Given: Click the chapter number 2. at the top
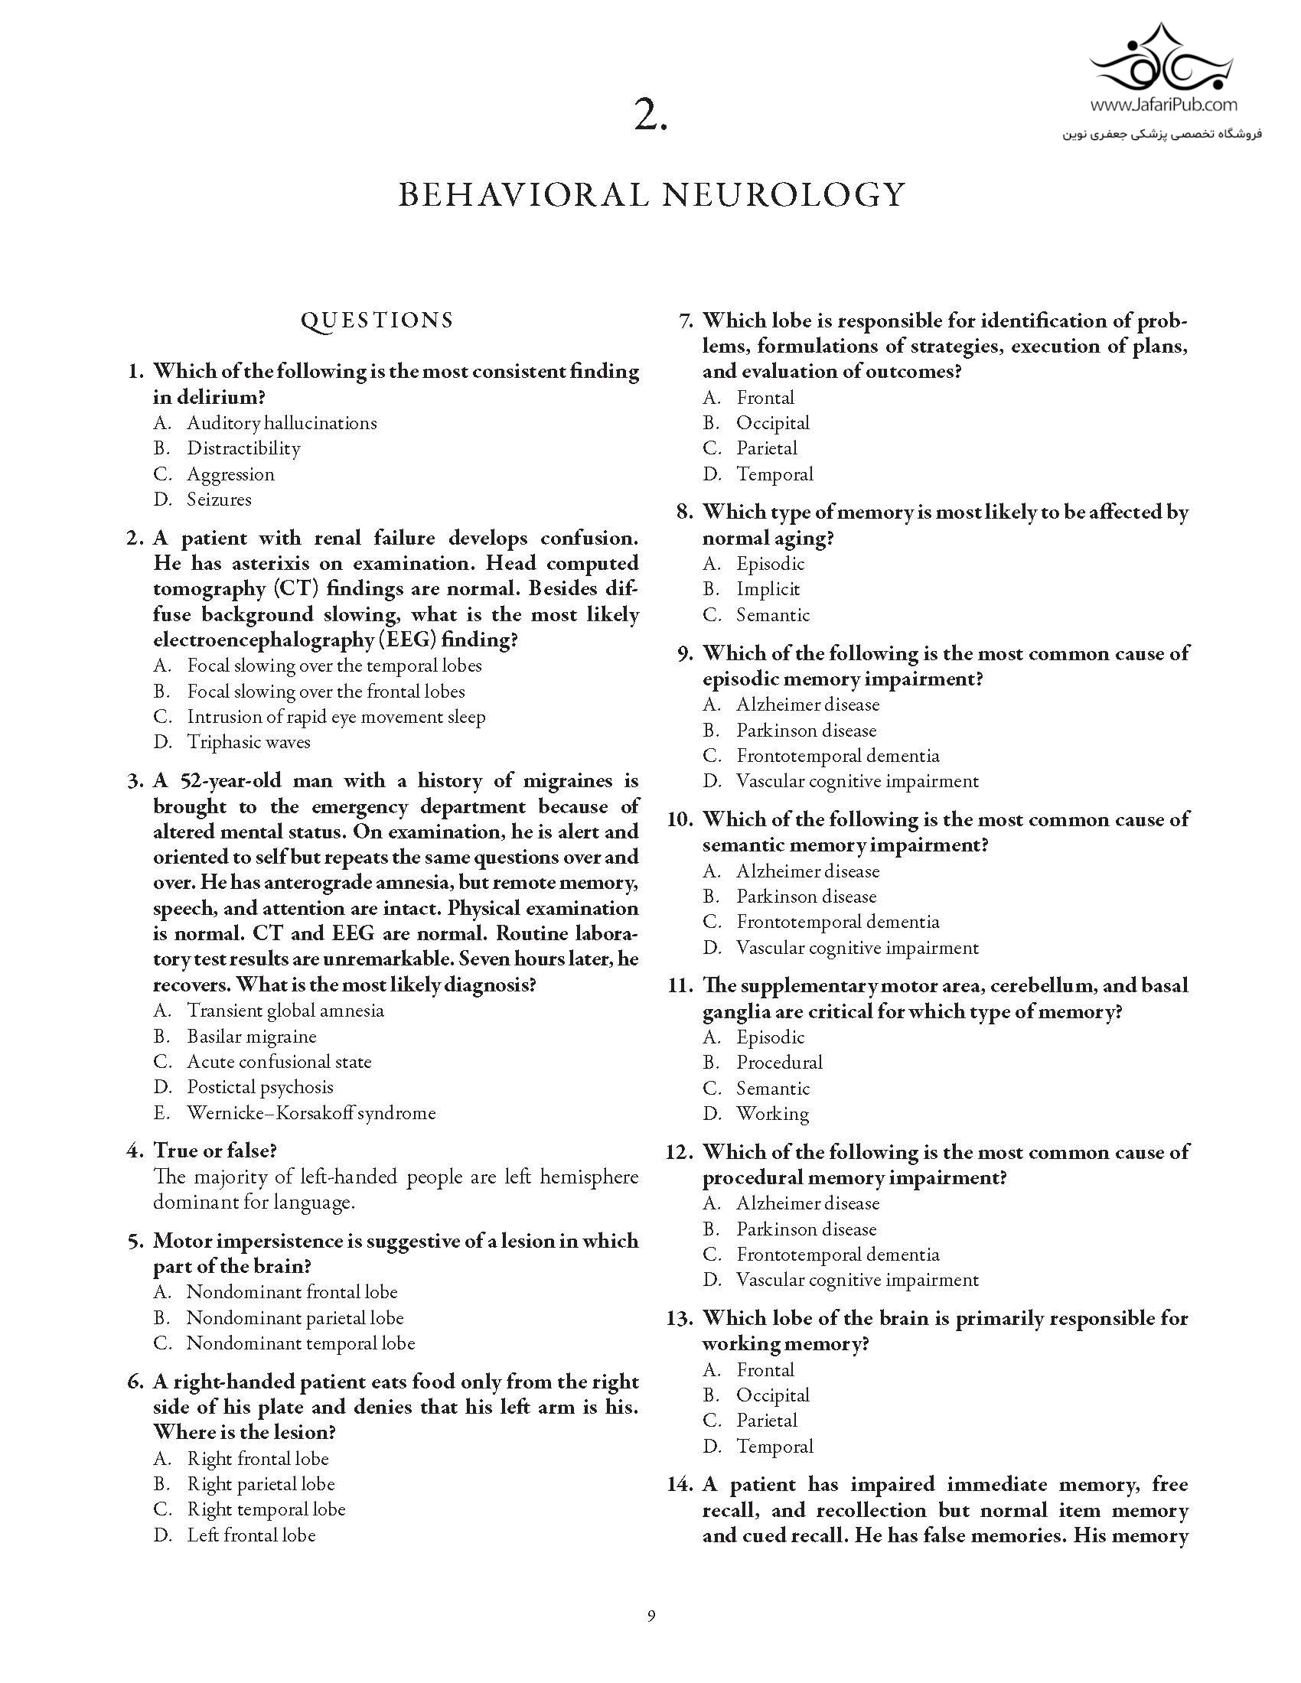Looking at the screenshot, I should click(650, 116).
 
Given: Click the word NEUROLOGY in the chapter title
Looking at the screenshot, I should click(783, 194).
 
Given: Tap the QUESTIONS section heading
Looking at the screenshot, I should click(377, 321).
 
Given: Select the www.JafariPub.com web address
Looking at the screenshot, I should click(1163, 105).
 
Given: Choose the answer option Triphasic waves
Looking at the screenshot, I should click(248, 742).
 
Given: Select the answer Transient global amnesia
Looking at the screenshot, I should click(285, 1011).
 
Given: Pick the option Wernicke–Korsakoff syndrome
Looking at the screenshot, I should click(311, 1113).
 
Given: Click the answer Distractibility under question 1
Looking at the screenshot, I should click(243, 448).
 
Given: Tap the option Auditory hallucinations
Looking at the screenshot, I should click(282, 423).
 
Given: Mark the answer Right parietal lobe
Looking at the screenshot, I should click(260, 1483).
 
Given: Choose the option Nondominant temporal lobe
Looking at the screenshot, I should click(301, 1343).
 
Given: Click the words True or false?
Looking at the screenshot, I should click(214, 1151).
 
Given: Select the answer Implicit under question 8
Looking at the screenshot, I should click(768, 589).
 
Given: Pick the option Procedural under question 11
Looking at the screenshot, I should click(779, 1062).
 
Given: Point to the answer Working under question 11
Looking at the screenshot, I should click(772, 1114).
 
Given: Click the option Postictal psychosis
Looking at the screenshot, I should click(259, 1087).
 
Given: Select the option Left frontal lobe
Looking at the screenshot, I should click(251, 1535).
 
